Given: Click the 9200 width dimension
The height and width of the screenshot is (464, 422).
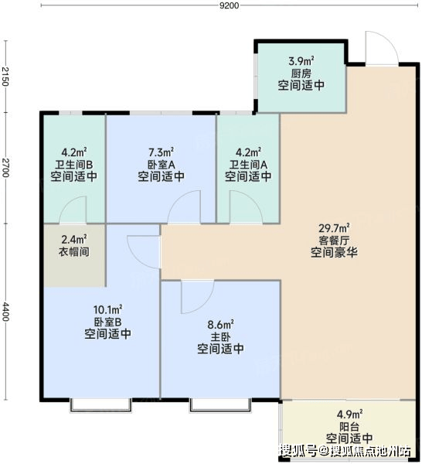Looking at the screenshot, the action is (x=230, y=5).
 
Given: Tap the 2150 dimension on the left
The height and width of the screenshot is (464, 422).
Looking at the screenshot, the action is (x=5, y=77).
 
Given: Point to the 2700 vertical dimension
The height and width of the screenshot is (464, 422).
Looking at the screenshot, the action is (x=5, y=168).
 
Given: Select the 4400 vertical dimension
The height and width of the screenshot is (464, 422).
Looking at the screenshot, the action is (x=5, y=312).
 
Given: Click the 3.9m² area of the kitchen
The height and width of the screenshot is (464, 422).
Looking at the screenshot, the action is (x=301, y=61).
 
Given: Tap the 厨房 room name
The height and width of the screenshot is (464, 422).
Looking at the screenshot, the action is (x=301, y=73).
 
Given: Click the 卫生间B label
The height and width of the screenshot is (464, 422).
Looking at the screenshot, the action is (x=74, y=164).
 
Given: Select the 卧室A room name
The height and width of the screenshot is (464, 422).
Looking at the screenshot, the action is (x=162, y=164).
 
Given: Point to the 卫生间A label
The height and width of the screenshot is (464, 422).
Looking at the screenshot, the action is (x=248, y=164).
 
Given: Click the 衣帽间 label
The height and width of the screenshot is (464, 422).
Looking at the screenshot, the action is (x=74, y=252).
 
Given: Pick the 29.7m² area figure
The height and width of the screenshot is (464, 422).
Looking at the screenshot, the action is (x=334, y=228).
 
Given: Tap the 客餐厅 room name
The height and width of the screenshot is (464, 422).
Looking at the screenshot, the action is (x=334, y=240).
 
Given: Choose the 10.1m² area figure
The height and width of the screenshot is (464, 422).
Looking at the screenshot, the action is (x=108, y=310).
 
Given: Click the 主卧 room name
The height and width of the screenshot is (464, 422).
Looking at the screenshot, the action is (x=220, y=336).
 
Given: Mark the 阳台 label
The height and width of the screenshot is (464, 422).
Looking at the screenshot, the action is (x=349, y=426).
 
